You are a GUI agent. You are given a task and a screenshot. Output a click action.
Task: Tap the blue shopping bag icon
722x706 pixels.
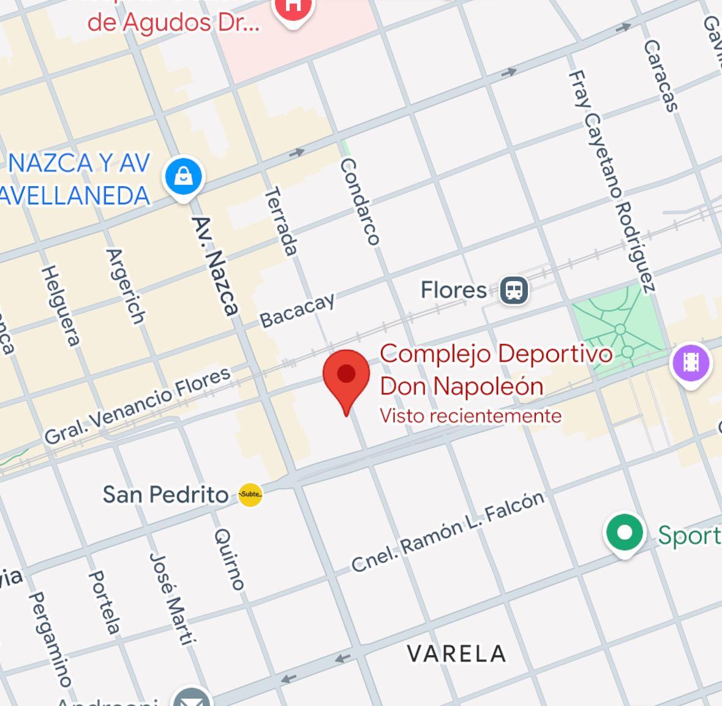pyautogui.click(x=183, y=176)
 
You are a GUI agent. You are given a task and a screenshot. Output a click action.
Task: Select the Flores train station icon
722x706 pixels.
pyautogui.click(x=514, y=290)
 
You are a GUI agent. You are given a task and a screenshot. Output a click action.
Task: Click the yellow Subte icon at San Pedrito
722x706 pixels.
pyautogui.click(x=250, y=494)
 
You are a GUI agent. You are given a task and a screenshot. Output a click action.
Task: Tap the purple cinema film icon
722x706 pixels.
pyautogui.click(x=691, y=363)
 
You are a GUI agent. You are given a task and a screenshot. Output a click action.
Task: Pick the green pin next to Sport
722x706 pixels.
pyautogui.click(x=624, y=533)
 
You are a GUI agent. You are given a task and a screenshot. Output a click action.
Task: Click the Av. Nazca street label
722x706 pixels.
pyautogui.click(x=215, y=266)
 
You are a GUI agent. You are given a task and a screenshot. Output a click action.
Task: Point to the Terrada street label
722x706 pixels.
pyautogui.click(x=281, y=221)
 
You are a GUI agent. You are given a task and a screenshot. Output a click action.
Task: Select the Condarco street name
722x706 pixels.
pyautogui.click(x=360, y=201)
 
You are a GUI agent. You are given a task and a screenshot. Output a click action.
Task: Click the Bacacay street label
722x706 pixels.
pyautogui.click(x=298, y=310)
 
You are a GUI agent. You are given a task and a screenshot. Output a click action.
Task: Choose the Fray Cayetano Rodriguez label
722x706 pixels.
pyautogui.click(x=611, y=181)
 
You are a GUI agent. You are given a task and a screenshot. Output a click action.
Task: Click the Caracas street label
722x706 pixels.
pyautogui.click(x=661, y=76)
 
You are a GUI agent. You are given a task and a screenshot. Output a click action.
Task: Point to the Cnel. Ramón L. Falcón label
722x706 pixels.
pyautogui.click(x=448, y=531)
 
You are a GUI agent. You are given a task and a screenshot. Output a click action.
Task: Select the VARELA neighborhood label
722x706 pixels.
pyautogui.click(x=457, y=653)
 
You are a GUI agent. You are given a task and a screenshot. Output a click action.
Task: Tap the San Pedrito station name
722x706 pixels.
pyautogui.click(x=165, y=494)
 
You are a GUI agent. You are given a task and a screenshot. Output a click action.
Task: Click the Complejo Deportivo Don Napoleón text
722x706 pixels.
pyautogui.click(x=495, y=370)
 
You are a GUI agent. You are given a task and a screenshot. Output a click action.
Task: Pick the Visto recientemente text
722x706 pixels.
pyautogui.click(x=470, y=416)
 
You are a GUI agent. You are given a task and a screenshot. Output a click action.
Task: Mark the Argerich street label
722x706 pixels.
pyautogui.click(x=126, y=286)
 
